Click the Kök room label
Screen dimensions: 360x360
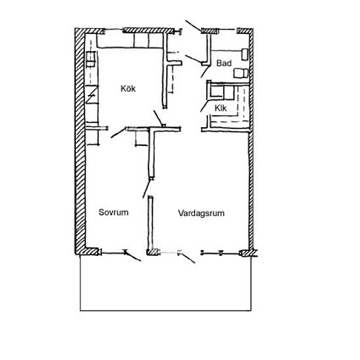[x=128, y=88]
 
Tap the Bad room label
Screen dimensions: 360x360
[x=224, y=63]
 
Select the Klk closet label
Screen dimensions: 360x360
[x=221, y=108]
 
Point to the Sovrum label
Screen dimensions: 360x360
[x=113, y=212]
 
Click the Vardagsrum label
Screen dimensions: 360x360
[x=201, y=213]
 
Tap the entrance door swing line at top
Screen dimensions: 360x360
[x=193, y=26]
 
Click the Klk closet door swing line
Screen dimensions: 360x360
[x=204, y=106]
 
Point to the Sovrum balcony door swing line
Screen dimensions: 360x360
[x=133, y=257]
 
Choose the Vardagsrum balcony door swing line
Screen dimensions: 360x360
[x=188, y=258]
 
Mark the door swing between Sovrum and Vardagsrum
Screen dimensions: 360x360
[x=147, y=189]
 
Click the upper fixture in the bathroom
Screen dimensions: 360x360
[x=245, y=54]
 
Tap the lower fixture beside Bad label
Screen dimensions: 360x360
[x=241, y=73]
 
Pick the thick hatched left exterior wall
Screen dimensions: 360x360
[x=80, y=141]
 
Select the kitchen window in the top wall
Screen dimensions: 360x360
[x=114, y=30]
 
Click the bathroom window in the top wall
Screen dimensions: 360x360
[x=228, y=29]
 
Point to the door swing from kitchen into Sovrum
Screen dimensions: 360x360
[x=118, y=133]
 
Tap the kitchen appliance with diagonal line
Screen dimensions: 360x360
[x=92, y=94]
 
